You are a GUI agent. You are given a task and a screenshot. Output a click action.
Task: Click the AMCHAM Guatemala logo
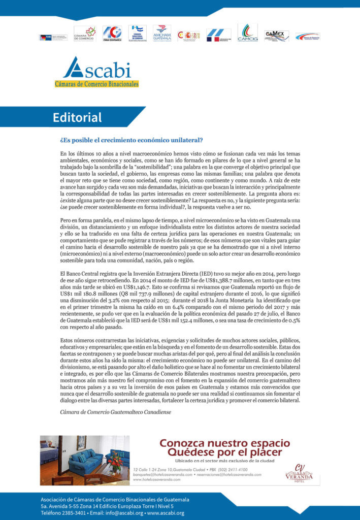[x=162, y=34]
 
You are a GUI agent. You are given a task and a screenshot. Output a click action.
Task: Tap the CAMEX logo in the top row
[x=276, y=36]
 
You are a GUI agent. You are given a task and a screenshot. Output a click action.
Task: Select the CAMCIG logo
[x=247, y=33]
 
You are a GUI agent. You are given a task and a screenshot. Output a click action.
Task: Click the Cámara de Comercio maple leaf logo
[x=85, y=34]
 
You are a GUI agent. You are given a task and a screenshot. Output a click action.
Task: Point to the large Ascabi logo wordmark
[x=96, y=68]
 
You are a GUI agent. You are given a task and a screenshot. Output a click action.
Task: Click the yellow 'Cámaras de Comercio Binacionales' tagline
[x=96, y=84]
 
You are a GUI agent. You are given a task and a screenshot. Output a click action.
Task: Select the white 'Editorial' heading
[x=77, y=118]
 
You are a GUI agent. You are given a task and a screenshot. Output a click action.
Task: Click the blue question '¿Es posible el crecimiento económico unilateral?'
[x=132, y=140]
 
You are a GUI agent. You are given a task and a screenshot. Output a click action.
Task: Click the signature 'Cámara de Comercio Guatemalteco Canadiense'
[x=115, y=412]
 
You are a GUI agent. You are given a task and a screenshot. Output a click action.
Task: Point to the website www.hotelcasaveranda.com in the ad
[x=153, y=480]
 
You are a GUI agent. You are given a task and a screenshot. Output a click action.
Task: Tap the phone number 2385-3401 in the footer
[x=73, y=513]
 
